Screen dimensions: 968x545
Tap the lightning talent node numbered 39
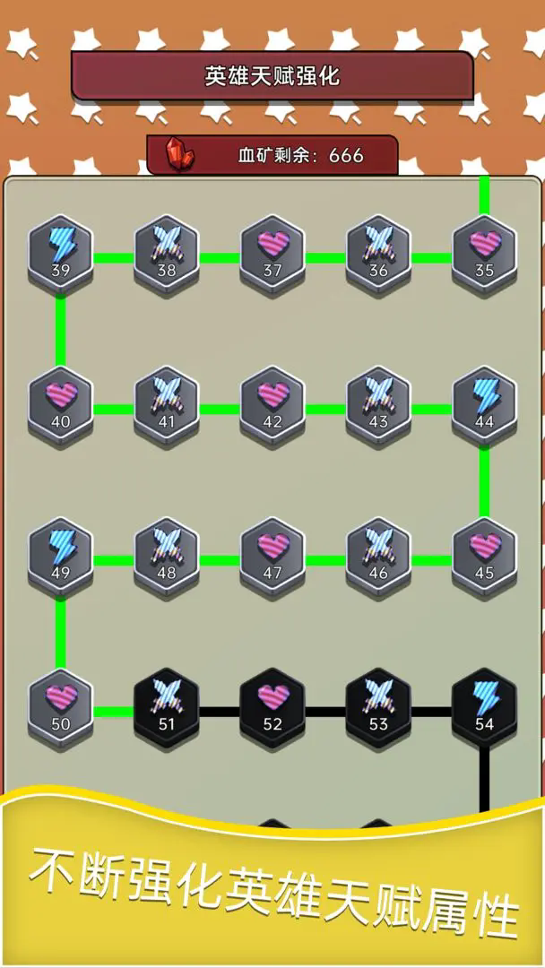[60, 251]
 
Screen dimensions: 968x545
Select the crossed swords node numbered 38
[167, 251]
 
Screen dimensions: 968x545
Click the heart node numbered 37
[272, 251]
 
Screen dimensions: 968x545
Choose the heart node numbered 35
[484, 251]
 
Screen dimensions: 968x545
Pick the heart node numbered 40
[60, 402]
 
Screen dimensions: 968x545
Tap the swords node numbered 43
[378, 402]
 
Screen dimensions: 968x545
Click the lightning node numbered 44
[484, 402]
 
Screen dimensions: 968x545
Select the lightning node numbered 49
[60, 554]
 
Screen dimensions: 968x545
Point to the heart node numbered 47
[272, 554]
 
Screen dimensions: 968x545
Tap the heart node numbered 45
[484, 554]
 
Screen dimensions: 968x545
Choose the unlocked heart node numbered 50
[60, 705]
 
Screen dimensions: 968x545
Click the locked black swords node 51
[167, 705]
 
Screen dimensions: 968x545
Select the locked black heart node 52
[272, 705]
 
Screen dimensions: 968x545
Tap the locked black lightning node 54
[484, 705]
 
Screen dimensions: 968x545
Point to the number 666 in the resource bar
[346, 155]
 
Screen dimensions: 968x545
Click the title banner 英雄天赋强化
[272, 76]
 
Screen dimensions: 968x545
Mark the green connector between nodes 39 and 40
[60, 328]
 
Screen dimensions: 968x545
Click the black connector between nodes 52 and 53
[325, 713]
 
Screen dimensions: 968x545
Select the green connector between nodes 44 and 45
[484, 480]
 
